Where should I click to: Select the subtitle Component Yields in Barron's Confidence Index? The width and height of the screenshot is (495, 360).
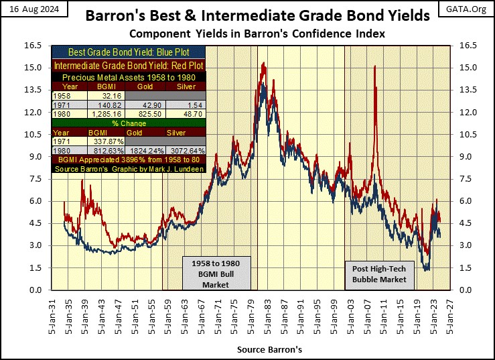tap(248, 34)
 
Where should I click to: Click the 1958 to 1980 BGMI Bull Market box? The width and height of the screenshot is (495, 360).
tap(216, 272)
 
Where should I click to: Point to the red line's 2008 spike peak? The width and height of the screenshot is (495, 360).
tap(374, 66)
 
